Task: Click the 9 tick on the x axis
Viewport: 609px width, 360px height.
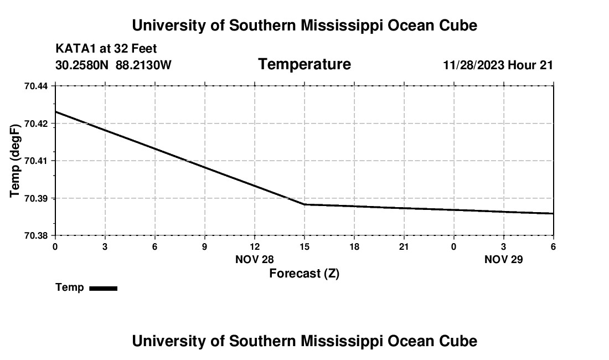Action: click(x=205, y=246)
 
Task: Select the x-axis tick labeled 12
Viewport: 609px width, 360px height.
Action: click(x=255, y=246)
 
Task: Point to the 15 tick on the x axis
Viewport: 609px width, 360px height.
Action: click(x=304, y=246)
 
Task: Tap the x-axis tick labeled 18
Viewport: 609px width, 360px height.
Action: click(x=354, y=246)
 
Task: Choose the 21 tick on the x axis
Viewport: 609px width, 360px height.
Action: click(x=404, y=246)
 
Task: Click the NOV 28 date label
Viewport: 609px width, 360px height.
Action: click(x=255, y=259)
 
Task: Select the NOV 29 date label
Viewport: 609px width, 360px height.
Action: click(x=504, y=259)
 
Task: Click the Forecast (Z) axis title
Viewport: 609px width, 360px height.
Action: click(x=304, y=273)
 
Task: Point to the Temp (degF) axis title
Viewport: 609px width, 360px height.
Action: click(x=16, y=161)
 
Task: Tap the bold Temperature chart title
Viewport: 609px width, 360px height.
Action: click(x=304, y=64)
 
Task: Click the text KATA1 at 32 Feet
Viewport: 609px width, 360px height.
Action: click(x=106, y=49)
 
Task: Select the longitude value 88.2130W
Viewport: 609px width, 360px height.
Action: click(x=143, y=65)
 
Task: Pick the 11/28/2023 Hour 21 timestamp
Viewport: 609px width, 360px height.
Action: click(x=498, y=65)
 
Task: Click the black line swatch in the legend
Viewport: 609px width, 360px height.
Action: click(x=103, y=288)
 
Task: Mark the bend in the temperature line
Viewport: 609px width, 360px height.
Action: click(x=304, y=204)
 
